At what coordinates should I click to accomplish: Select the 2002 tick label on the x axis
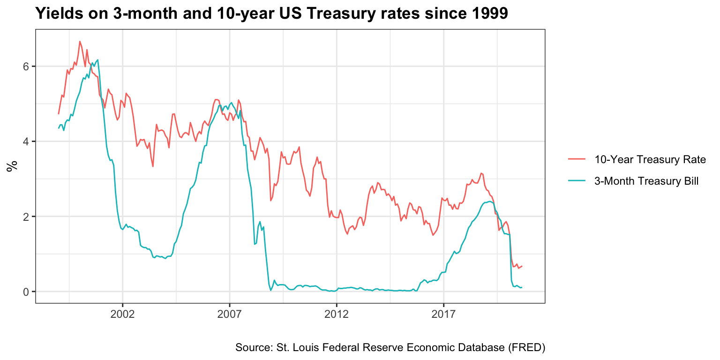point(123,315)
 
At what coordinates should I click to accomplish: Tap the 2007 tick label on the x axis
point(230,315)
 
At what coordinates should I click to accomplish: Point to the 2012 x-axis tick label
point(337,315)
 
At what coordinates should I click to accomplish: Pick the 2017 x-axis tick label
point(443,315)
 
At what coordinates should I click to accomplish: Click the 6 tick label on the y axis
point(26,67)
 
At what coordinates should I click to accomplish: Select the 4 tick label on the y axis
point(26,142)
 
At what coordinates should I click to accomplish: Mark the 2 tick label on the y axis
point(26,217)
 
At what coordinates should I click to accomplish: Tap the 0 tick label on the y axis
point(26,292)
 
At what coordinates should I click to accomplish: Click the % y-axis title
point(11,166)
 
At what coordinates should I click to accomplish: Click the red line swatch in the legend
point(577,160)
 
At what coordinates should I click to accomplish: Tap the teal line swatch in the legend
point(577,181)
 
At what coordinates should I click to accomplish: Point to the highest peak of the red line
point(80,41)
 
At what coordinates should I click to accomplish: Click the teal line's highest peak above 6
point(97,60)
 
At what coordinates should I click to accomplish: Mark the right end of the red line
point(522,266)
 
